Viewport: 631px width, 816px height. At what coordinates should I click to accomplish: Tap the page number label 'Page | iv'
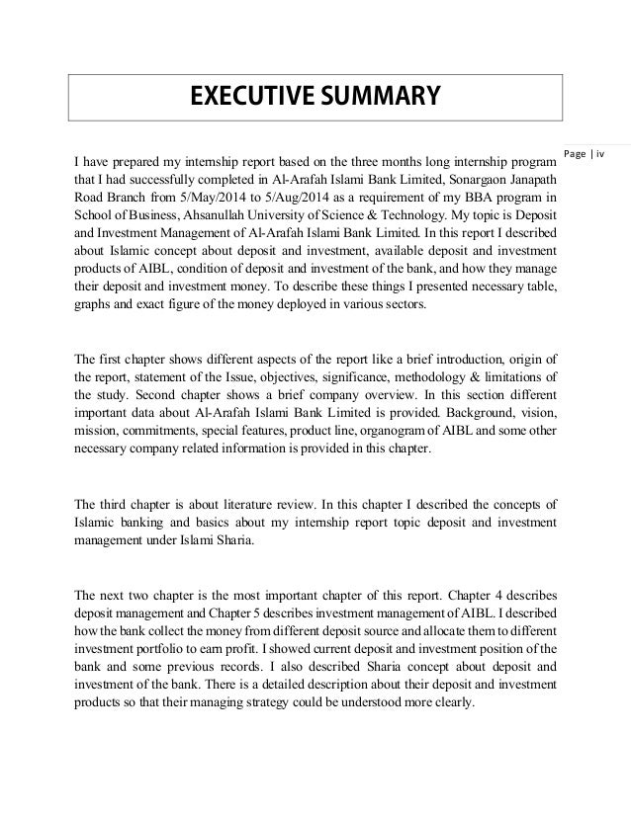[591, 153]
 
